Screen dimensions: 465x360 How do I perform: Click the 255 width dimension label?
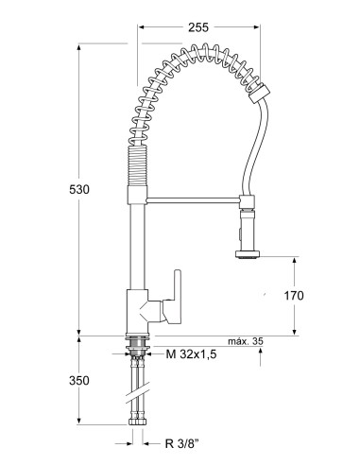tap(197, 28)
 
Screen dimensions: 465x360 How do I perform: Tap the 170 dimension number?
tap(294, 296)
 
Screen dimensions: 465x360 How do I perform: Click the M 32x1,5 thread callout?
tap(194, 354)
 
